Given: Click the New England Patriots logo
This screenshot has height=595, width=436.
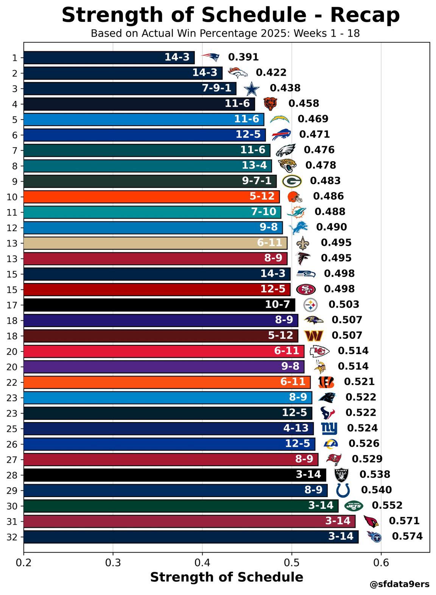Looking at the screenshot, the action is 210,57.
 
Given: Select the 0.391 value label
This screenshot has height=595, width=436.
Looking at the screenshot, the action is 243,57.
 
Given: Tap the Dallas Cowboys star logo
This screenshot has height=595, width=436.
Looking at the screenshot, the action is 251,89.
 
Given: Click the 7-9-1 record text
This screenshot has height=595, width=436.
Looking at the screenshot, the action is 216,88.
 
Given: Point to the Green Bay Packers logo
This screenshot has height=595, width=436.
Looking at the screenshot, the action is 292,182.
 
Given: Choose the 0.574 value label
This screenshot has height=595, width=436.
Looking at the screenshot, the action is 407,536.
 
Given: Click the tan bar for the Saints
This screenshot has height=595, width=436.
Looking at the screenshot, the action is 155,243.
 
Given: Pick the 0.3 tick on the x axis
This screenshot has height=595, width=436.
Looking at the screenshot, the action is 113,563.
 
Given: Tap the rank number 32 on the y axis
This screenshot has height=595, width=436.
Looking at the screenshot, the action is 12,538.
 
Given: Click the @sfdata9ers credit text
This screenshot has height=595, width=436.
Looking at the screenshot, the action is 399,584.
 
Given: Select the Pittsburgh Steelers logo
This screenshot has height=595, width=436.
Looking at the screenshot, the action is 310,305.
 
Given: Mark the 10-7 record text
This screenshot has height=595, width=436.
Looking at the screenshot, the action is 277,304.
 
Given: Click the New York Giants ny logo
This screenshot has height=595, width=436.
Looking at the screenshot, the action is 329,429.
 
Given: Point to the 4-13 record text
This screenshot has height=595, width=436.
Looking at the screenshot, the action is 296,428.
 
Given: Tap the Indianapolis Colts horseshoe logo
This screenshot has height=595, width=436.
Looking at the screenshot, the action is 343,490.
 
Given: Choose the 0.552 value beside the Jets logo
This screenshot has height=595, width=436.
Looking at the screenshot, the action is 387,505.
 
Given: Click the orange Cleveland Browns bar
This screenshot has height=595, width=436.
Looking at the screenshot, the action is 151,197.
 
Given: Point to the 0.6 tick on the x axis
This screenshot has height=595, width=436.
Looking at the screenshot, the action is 381,563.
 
